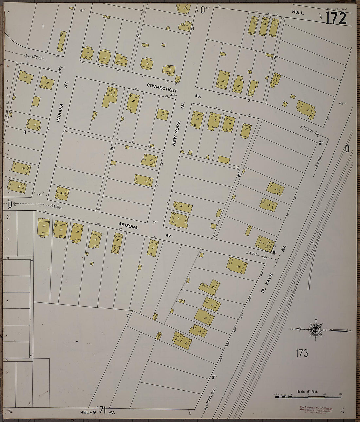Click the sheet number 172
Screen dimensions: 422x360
click(x=335, y=18)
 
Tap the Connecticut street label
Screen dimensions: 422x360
click(x=162, y=88)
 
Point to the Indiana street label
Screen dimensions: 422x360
click(x=59, y=113)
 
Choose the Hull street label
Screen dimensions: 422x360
click(x=298, y=13)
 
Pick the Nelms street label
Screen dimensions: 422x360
click(x=88, y=412)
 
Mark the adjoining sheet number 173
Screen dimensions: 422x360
click(x=301, y=353)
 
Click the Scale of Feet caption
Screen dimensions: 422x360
click(x=307, y=392)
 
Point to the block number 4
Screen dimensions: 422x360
click(x=25, y=132)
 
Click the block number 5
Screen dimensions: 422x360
click(x=112, y=149)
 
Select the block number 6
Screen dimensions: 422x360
click(x=239, y=175)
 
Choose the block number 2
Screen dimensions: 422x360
click(x=138, y=36)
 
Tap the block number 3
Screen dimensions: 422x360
click(x=275, y=57)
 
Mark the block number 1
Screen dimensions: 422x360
click(x=43, y=25)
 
